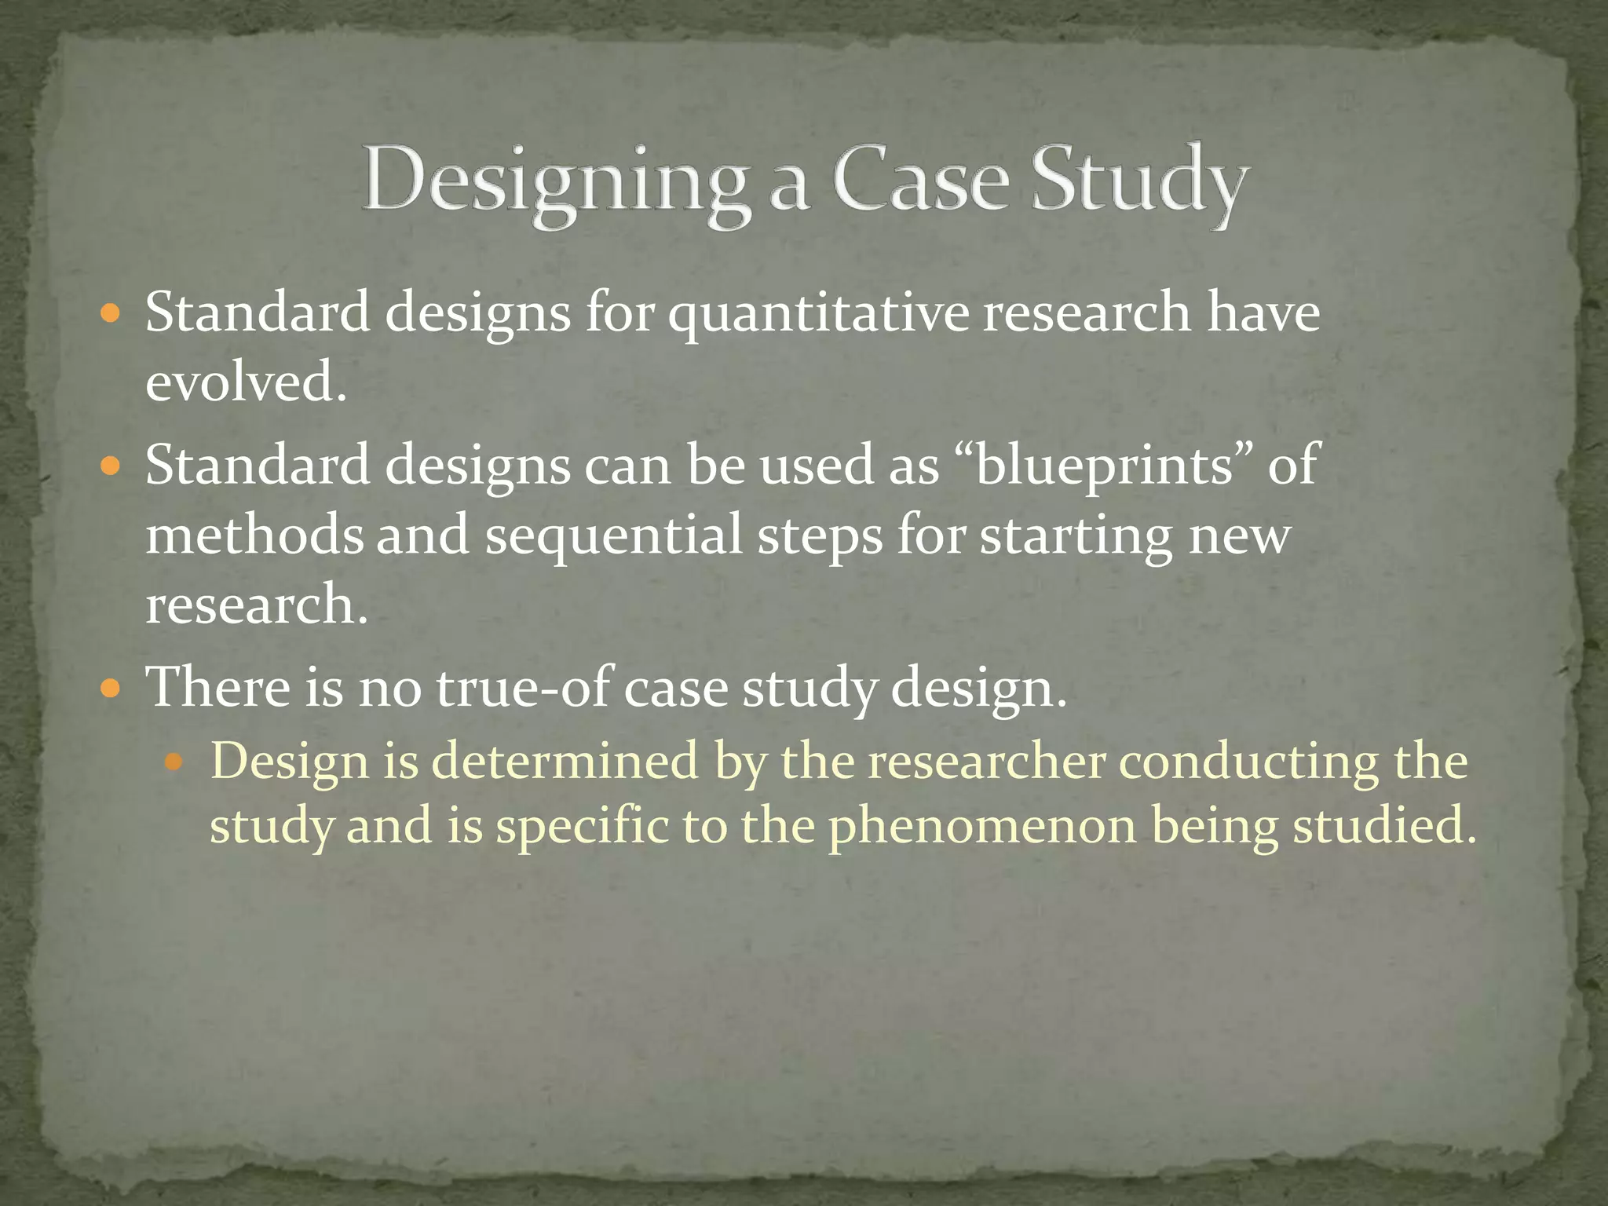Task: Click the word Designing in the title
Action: coord(554,182)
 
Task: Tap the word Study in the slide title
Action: coord(1138,182)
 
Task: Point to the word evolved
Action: coord(245,382)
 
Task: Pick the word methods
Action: coord(254,535)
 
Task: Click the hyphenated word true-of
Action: coord(521,687)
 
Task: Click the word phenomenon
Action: coord(982,827)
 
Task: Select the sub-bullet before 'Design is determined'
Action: coord(175,762)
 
